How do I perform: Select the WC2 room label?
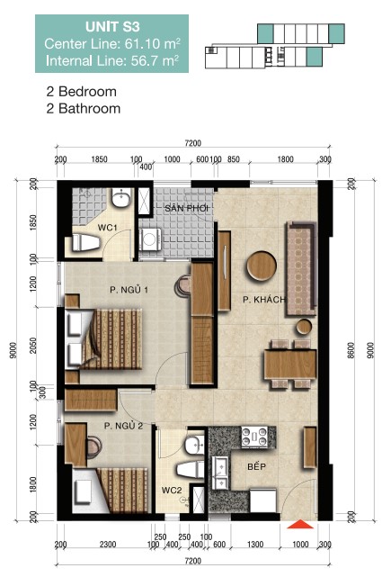172,491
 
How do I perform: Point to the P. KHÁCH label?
263,298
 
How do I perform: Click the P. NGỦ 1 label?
128,289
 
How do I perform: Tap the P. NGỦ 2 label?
122,425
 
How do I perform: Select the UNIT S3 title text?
112,28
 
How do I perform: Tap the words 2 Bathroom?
83,109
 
